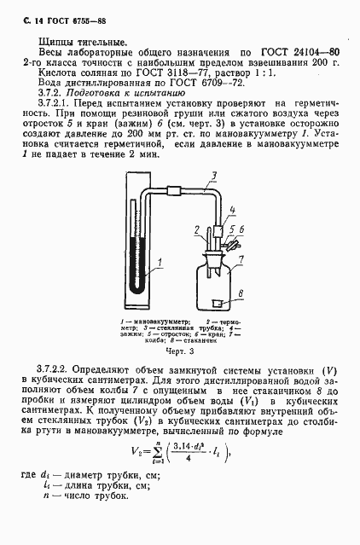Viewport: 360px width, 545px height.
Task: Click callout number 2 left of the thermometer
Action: (x=196, y=229)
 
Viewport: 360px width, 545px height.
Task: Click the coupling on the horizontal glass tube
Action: (x=176, y=190)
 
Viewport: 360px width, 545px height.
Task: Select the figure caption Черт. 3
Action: (x=176, y=351)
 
